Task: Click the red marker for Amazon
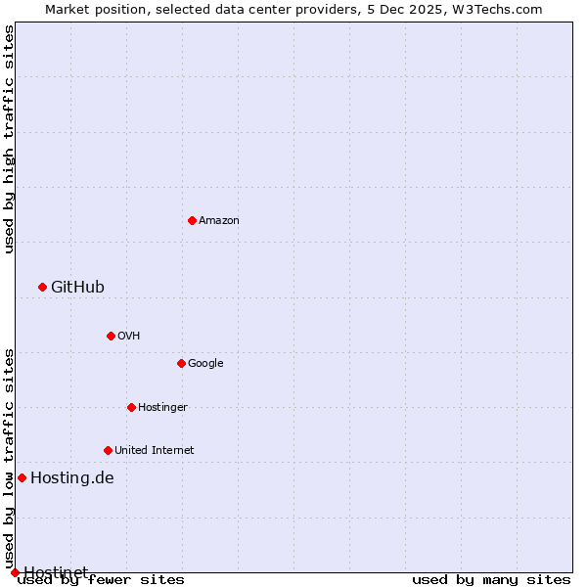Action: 192,220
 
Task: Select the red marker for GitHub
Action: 42,287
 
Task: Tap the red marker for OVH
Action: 111,336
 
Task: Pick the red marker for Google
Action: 181,363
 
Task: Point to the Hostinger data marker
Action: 131,407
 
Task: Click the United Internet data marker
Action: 108,450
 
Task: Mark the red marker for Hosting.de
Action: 22,477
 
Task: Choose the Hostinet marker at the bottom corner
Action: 15,572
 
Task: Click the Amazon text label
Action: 219,220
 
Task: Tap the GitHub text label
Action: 77,287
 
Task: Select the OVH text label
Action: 128,336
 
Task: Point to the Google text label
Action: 205,363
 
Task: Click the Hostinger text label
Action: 162,407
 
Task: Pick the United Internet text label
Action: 154,450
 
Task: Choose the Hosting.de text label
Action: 72,477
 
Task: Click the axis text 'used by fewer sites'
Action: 101,579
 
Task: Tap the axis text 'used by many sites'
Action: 491,579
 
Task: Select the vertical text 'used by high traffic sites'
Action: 9,139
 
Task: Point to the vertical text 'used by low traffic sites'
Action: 9,452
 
